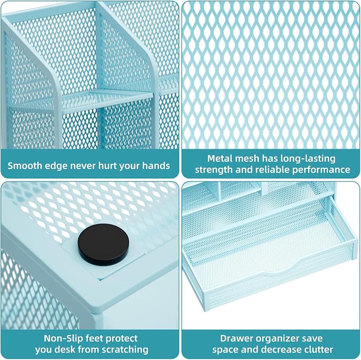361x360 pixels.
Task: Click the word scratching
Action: coord(125,350)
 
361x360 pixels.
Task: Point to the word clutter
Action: coord(319,349)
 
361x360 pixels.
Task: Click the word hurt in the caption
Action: coord(108,166)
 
